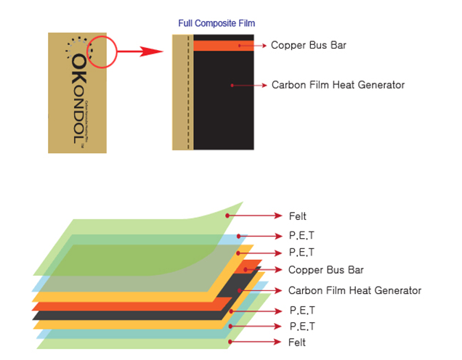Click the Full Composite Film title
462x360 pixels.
[x=216, y=24]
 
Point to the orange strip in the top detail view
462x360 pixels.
[x=223, y=45]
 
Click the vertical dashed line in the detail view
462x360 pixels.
[x=188, y=91]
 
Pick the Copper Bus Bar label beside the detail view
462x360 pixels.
[x=308, y=45]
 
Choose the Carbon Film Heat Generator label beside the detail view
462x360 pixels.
[x=338, y=85]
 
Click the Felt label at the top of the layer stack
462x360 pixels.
[x=297, y=216]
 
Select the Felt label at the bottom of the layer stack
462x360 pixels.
[x=297, y=342]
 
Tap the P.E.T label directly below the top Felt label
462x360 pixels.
[x=303, y=236]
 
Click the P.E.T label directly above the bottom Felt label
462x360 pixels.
[x=303, y=327]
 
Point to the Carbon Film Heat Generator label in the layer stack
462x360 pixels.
[x=354, y=290]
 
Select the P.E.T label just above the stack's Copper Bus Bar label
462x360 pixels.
[x=303, y=253]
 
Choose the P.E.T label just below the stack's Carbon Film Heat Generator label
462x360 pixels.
[x=303, y=311]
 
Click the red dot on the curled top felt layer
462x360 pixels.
[x=227, y=216]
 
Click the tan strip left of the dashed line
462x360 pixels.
[x=180, y=91]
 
